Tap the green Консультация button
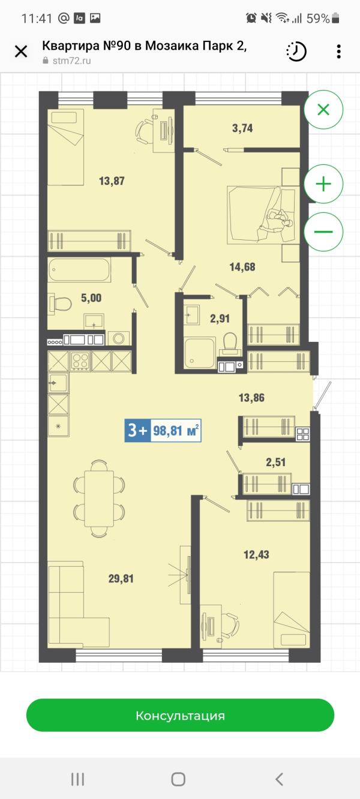click(180, 716)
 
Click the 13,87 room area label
click(112, 181)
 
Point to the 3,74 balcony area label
click(242, 128)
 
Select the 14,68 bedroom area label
click(242, 267)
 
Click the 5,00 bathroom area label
click(91, 298)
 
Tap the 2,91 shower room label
click(220, 319)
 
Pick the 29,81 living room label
click(121, 579)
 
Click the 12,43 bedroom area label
click(256, 555)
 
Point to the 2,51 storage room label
click(276, 462)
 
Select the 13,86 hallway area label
click(251, 398)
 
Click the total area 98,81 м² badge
click(163, 431)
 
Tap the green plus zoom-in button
click(323, 184)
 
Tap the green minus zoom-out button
click(323, 232)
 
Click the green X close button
click(323, 110)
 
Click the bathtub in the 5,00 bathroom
click(79, 270)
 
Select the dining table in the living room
click(99, 498)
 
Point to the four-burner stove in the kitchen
click(80, 361)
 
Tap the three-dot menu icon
click(338, 52)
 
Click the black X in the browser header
click(21, 52)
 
